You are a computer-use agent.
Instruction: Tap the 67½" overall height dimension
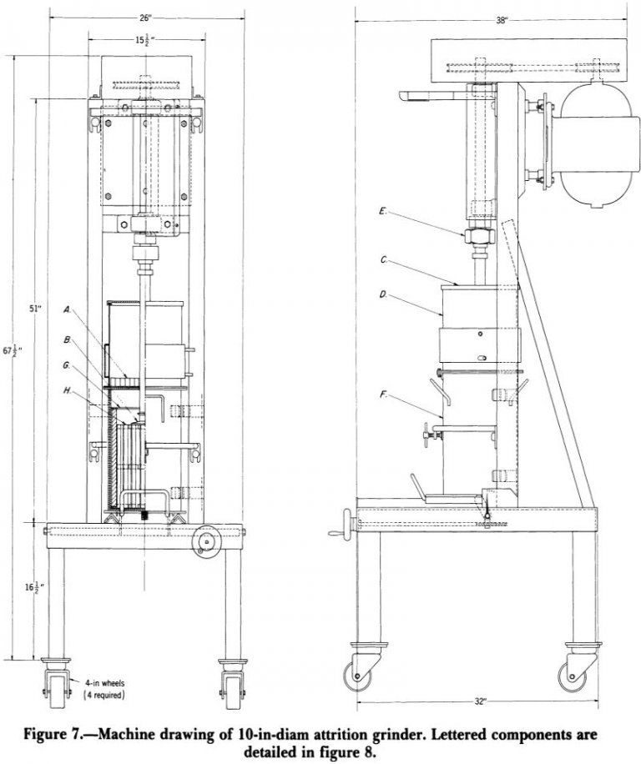pyautogui.click(x=9, y=351)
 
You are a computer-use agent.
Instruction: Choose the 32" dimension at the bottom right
pyautogui.click(x=479, y=702)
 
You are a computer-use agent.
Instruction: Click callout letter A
pyautogui.click(x=67, y=309)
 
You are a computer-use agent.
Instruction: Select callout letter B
pyautogui.click(x=67, y=339)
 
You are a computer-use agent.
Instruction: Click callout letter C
pyautogui.click(x=383, y=259)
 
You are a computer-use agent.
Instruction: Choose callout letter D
pyautogui.click(x=381, y=294)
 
